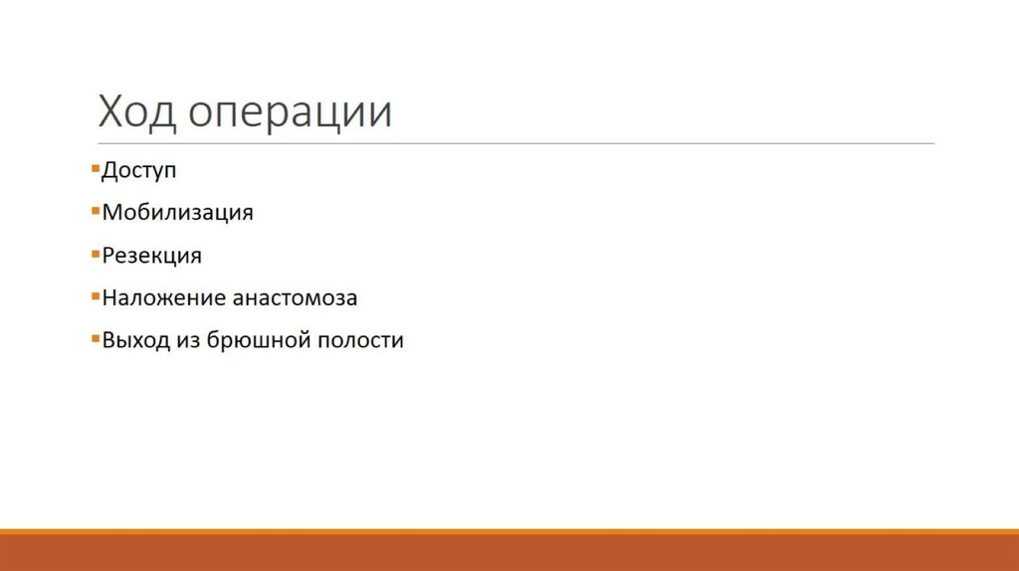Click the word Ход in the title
point(135,112)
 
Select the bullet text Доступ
point(139,171)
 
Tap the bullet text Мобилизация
point(178,212)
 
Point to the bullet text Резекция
point(151,256)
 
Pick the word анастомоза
point(295,297)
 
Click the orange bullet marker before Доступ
point(94,169)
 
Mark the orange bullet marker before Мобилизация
point(94,211)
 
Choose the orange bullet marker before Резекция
point(94,254)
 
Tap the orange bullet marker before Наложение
point(94,296)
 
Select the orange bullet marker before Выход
point(94,338)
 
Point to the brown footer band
point(509,553)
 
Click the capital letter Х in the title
point(109,112)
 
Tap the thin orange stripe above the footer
point(509,531)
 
